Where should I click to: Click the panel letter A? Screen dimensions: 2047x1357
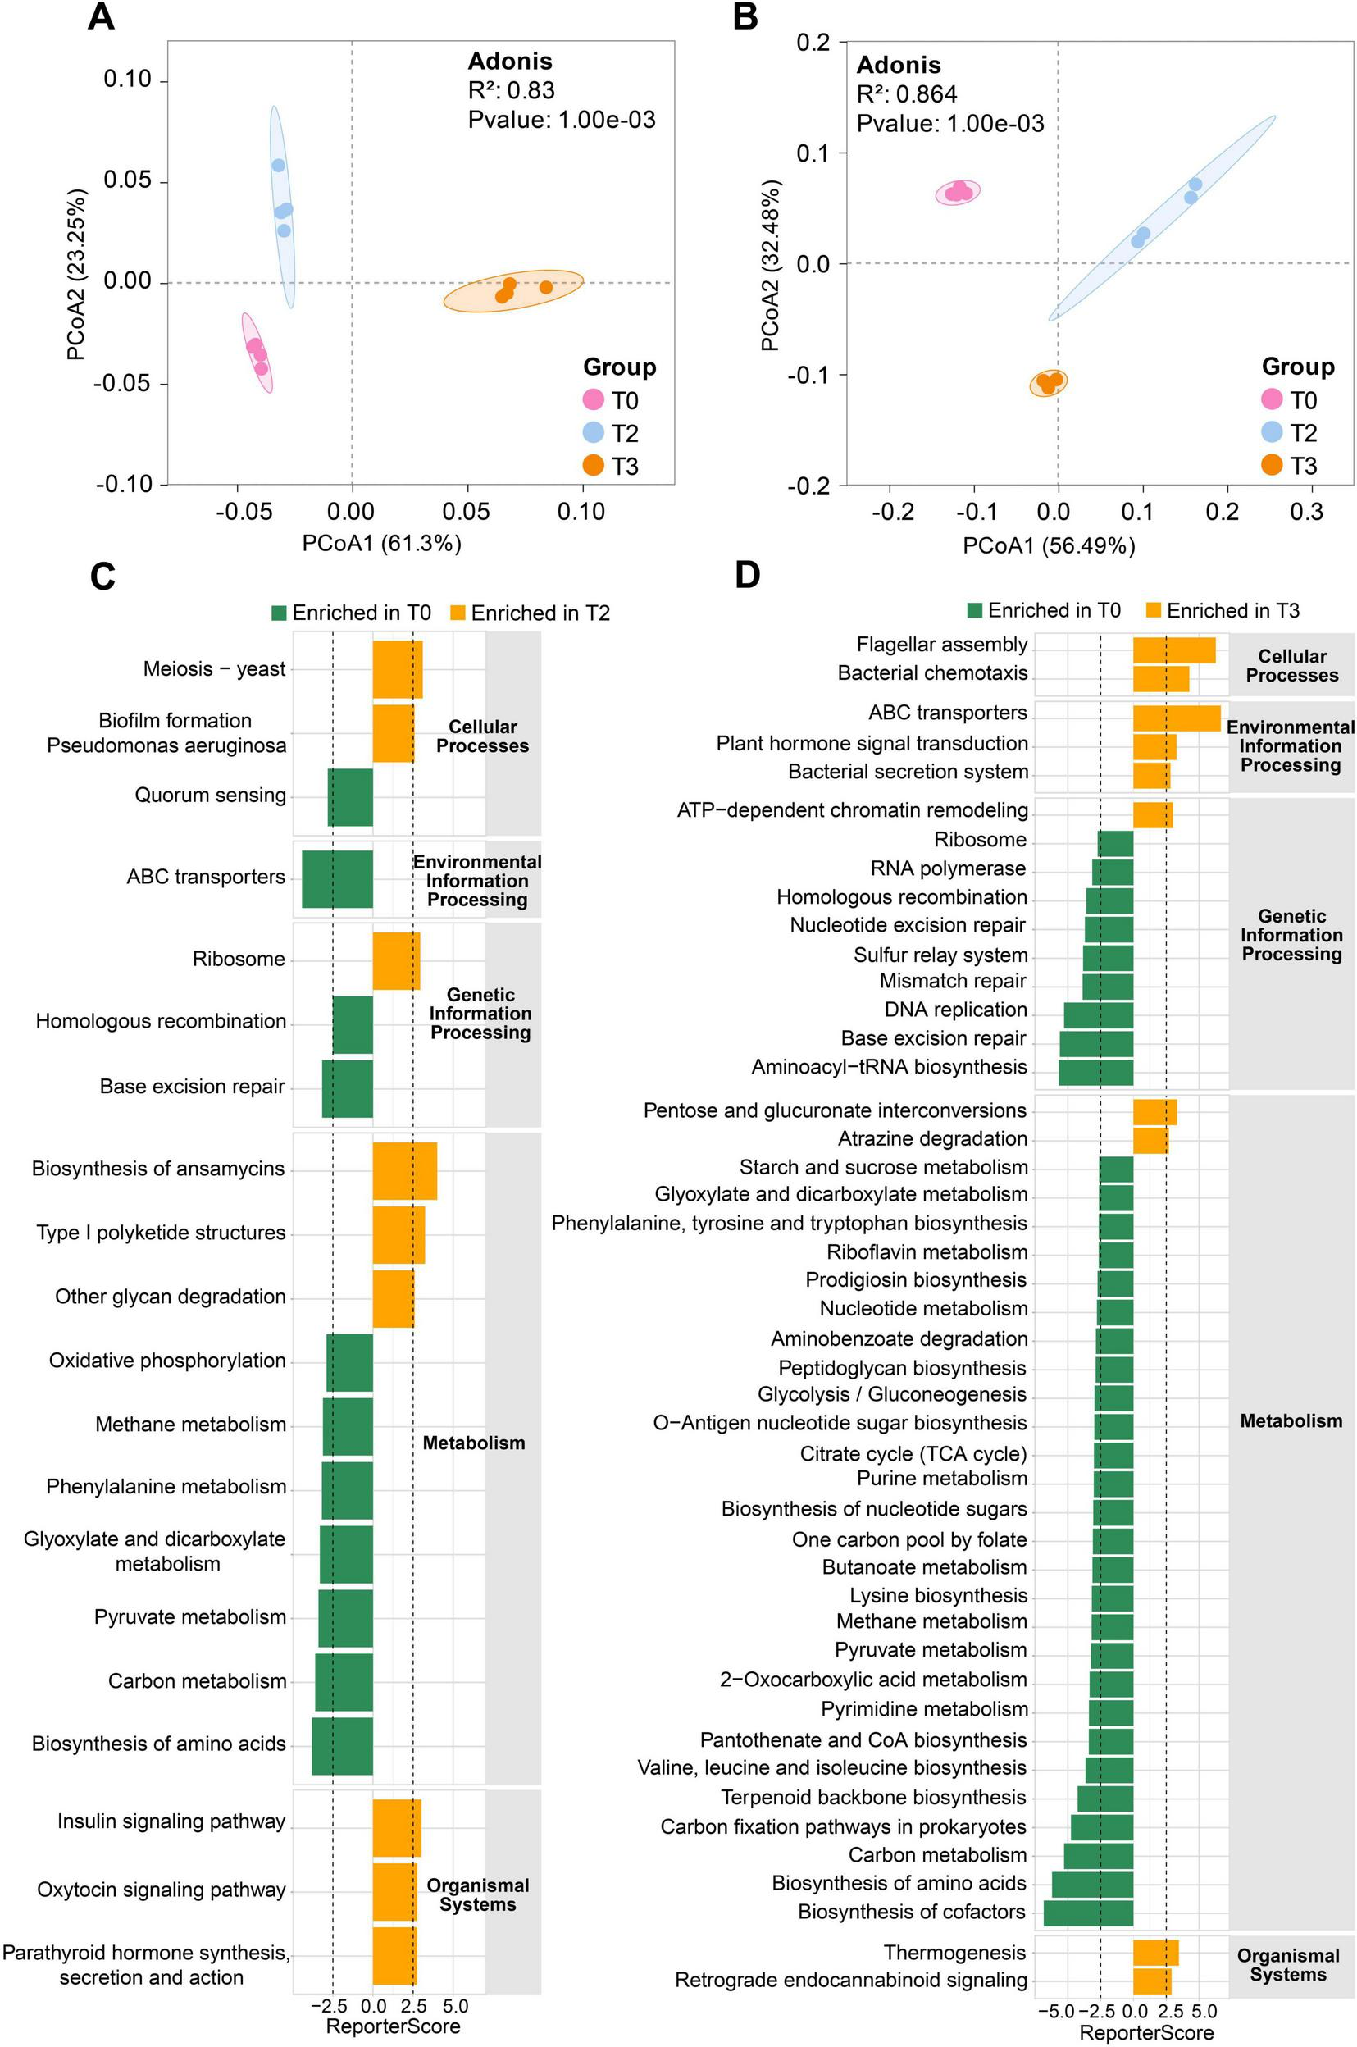(101, 17)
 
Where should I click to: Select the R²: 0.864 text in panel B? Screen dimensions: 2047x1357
(906, 94)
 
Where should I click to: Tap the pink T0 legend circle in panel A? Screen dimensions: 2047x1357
(594, 400)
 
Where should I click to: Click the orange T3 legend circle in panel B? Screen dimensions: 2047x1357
(1272, 465)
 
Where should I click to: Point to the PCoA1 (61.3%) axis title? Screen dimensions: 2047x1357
(381, 544)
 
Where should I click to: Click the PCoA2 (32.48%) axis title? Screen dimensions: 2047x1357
(769, 265)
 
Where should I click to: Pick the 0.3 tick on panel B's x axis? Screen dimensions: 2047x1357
(1306, 513)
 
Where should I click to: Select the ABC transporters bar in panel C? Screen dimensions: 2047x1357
(337, 878)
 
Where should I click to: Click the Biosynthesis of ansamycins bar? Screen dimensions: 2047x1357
(404, 1170)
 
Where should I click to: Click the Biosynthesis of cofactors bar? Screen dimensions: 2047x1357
(1088, 1911)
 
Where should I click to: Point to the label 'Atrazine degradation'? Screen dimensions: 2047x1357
(932, 1139)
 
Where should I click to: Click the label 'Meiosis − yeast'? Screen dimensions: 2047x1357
(214, 669)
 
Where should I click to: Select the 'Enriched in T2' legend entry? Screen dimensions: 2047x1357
(530, 613)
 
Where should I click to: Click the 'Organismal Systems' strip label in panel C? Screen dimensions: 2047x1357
(478, 1894)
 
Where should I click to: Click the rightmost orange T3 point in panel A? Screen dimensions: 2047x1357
(546, 287)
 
